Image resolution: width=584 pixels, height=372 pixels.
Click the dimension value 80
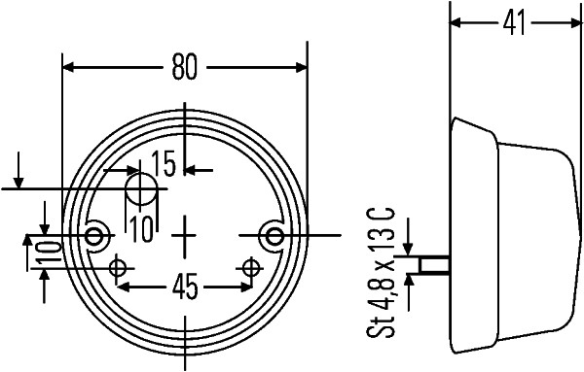pyautogui.click(x=185, y=67)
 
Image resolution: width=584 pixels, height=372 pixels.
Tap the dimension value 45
pyautogui.click(x=185, y=287)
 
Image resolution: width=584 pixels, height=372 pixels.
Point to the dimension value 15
pyautogui.click(x=164, y=164)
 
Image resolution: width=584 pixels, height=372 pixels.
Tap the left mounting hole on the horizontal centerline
pyautogui.click(x=95, y=235)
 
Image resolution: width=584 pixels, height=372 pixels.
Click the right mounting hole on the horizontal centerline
pyautogui.click(x=275, y=235)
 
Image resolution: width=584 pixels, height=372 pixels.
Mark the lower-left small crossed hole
pyautogui.click(x=119, y=267)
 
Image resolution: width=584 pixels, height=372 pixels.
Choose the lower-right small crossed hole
pyautogui.click(x=253, y=267)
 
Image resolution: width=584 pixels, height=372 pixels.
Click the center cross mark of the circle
pyautogui.click(x=186, y=235)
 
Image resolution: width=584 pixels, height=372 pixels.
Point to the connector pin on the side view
pyautogui.click(x=433, y=264)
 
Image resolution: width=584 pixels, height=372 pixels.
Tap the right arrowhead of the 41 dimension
pyautogui.click(x=573, y=22)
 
